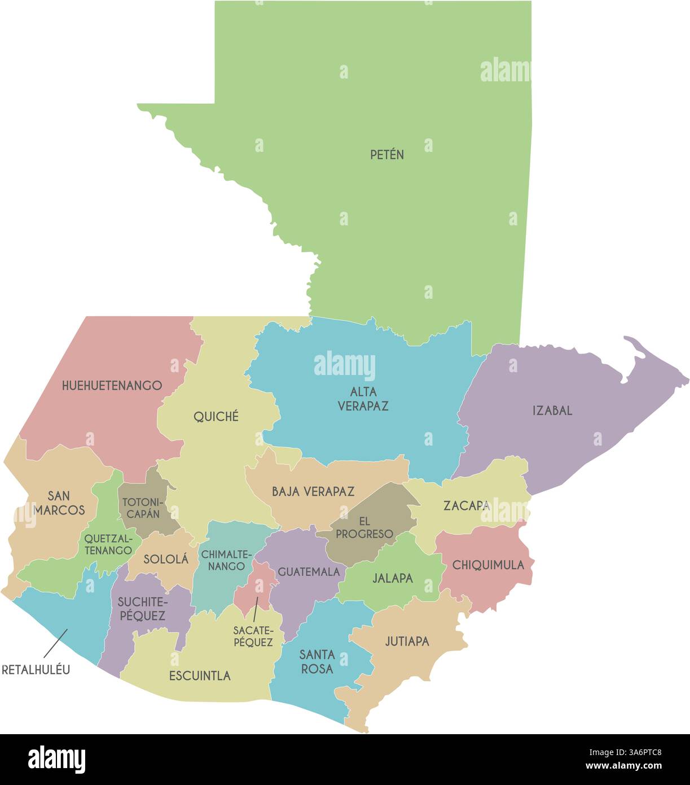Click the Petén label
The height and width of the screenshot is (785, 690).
387,154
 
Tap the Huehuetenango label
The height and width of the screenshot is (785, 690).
112,386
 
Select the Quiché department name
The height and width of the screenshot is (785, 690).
216,417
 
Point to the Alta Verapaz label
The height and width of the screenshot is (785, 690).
363,399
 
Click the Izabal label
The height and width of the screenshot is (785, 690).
552,411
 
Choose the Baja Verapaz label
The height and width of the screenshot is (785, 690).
313,491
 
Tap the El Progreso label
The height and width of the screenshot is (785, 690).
364,527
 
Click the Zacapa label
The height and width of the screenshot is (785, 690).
466,505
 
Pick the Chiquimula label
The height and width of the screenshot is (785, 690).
488,565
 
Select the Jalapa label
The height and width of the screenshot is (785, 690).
393,578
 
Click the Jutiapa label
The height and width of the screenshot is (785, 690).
407,641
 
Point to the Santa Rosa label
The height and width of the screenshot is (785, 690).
317,661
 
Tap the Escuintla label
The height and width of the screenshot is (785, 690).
200,675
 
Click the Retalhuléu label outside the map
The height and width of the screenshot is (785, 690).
36,670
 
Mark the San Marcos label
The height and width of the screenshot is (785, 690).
59,503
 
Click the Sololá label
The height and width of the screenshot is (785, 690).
166,559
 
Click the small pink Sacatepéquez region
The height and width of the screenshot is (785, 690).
254,587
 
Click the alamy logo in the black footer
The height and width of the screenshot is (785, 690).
56,760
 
